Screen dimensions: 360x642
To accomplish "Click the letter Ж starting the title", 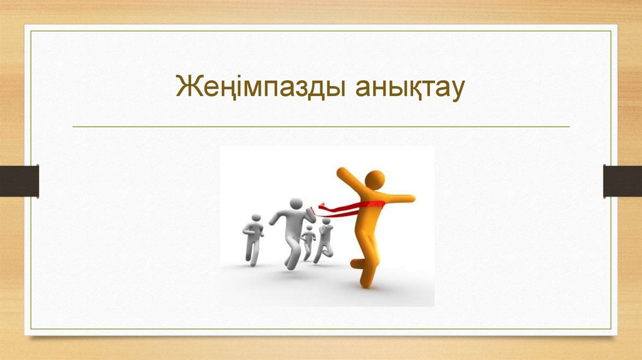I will point(187,87).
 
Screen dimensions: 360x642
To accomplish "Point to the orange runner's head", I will point(375,179).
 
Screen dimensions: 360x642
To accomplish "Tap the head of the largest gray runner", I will point(295,204).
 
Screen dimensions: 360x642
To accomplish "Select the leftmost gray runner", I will point(252,239).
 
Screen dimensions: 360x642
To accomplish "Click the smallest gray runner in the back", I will point(308,242).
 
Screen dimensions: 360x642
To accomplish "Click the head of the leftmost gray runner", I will point(255,218).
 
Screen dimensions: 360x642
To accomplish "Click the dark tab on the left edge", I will point(19,181).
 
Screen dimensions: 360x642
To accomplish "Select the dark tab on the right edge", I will point(622,181).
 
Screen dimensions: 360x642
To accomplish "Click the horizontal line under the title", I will point(321,127).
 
